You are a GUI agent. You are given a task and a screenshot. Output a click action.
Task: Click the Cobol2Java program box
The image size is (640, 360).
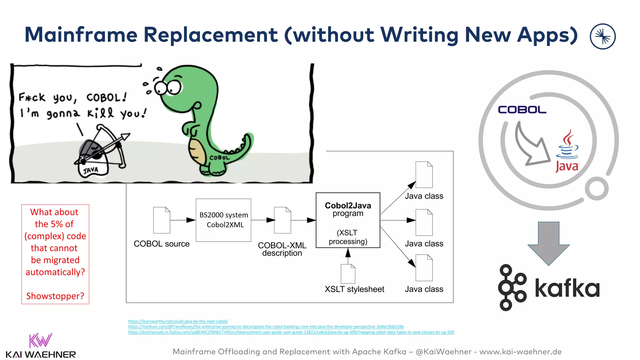click(x=348, y=220)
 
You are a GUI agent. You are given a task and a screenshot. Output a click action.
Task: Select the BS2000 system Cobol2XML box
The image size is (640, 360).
click(x=223, y=220)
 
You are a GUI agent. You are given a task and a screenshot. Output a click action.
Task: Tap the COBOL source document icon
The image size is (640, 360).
click(x=162, y=220)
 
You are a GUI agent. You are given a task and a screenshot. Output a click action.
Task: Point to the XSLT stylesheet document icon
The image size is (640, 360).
click(x=348, y=274)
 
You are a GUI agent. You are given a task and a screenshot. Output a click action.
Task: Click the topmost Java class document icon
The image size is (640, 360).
click(x=424, y=175)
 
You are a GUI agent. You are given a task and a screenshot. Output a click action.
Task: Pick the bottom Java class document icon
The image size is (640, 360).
click(x=424, y=268)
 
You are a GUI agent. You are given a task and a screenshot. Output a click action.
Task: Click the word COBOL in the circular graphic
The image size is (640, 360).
click(x=522, y=110)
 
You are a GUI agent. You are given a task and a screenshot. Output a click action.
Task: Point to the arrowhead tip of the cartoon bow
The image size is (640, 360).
click(x=127, y=136)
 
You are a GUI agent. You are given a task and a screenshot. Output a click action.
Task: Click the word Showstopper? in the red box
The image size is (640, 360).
click(x=55, y=296)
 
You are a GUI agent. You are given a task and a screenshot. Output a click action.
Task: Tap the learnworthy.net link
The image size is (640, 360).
click(x=178, y=321)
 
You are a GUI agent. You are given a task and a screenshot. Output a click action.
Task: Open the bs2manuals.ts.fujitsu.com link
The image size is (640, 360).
click(x=291, y=332)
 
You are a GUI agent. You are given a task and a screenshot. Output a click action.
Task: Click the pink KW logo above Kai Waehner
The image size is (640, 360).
click(x=40, y=340)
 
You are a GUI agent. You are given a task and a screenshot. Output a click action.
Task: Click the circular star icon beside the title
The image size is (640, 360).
click(x=602, y=37)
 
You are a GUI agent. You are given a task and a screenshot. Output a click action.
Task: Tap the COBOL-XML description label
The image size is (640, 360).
click(x=282, y=249)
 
